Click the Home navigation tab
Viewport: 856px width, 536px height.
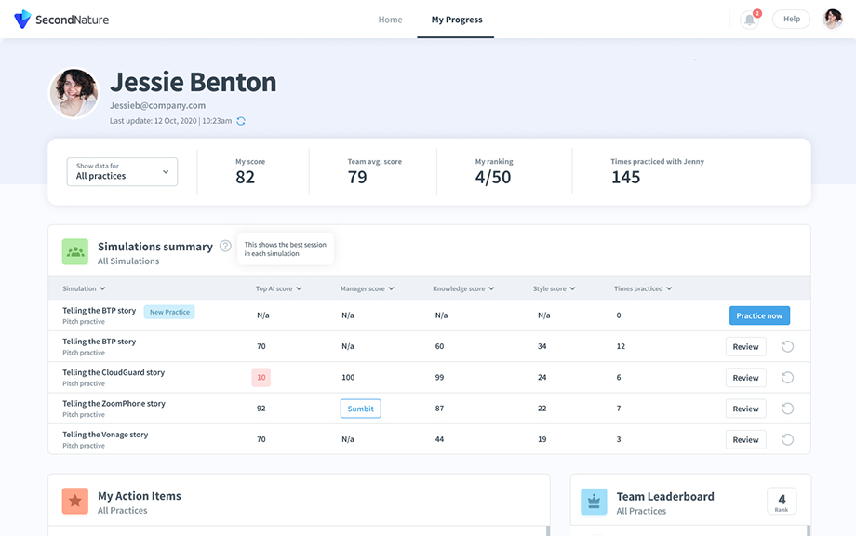point(390,20)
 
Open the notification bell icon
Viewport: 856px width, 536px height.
point(749,20)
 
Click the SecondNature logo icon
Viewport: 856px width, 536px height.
point(22,20)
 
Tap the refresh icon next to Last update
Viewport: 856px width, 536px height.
point(241,121)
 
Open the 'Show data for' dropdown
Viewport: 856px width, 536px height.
point(122,171)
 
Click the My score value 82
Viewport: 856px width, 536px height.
point(245,177)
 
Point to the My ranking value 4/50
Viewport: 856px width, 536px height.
point(493,177)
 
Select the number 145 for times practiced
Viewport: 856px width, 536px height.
point(625,177)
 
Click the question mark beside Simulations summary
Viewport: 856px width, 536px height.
point(225,247)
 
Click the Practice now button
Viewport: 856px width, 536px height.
point(759,315)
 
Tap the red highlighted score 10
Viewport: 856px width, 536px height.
point(261,378)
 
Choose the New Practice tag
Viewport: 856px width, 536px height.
point(169,312)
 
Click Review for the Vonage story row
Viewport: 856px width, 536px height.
point(745,439)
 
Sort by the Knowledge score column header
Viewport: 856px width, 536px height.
point(462,288)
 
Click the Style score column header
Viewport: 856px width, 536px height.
point(554,288)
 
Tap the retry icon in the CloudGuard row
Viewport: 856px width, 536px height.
point(787,378)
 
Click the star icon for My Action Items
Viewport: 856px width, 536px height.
point(75,502)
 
